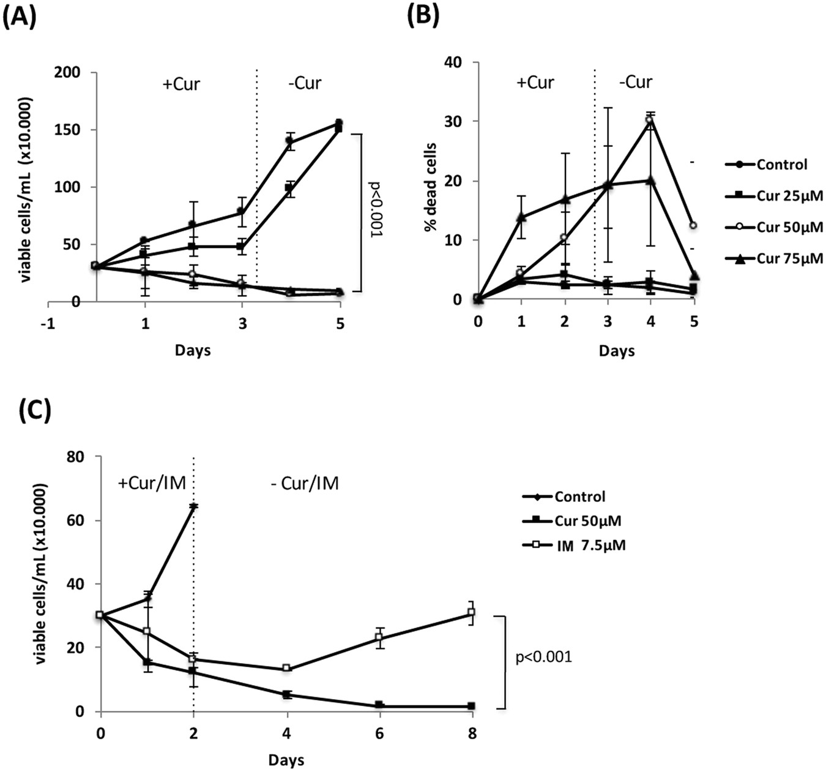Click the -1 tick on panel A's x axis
48,324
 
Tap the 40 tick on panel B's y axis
453,62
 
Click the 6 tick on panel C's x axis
379,733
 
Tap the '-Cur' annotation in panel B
635,81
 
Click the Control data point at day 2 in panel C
193,506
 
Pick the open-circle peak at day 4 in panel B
650,120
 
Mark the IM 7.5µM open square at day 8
471,612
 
